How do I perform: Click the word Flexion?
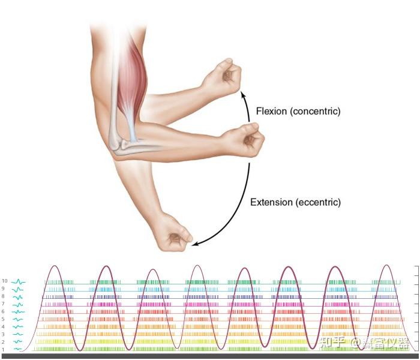pos(271,111)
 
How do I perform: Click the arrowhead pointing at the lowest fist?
pos(191,243)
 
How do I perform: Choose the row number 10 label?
pos(4,281)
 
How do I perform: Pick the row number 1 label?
pos(3,349)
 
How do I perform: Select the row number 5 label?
pos(3,319)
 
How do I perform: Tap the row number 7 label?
pos(3,304)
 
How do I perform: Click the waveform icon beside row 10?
pos(18,281)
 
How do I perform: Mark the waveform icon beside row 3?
pos(18,334)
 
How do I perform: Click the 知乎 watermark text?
pos(334,343)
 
